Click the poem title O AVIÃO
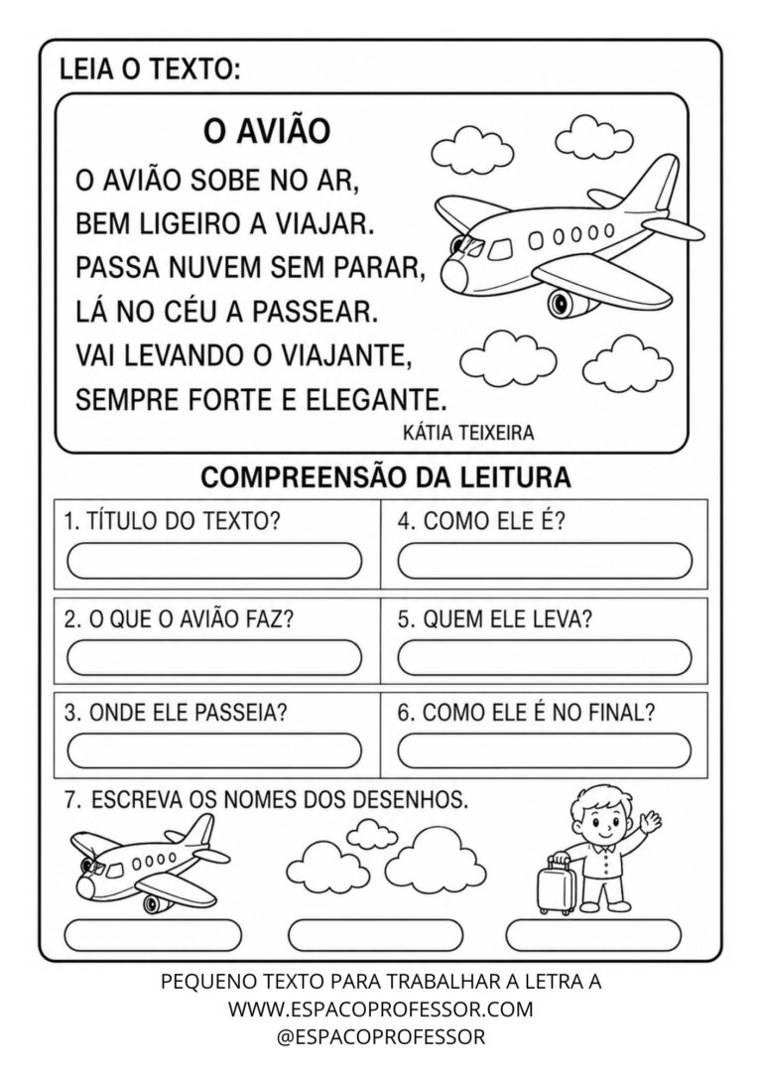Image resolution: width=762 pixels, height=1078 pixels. coord(267,131)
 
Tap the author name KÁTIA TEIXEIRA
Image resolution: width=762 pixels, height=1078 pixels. coord(468,433)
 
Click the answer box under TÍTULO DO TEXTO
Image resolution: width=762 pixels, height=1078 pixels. coord(214,560)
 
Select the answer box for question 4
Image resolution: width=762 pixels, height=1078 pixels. coord(545,560)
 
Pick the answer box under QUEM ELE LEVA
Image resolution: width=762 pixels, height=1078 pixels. coord(545,657)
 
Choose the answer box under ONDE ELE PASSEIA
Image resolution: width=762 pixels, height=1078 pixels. coord(214,750)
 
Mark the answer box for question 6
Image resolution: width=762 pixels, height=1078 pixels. coord(545,750)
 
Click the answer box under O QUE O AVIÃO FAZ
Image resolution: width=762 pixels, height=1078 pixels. coord(214,657)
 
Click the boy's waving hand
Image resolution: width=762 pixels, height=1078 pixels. coord(649,819)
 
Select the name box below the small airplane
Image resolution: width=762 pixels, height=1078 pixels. coord(153,935)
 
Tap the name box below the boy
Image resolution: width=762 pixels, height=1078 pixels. coord(593,935)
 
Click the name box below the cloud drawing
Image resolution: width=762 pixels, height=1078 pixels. coord(376,935)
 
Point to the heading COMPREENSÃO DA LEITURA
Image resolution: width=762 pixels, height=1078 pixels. coord(385,476)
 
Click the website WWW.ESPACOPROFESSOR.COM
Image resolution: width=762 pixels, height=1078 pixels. coord(381,1009)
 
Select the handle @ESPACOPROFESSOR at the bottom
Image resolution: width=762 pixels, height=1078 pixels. coord(381,1036)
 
